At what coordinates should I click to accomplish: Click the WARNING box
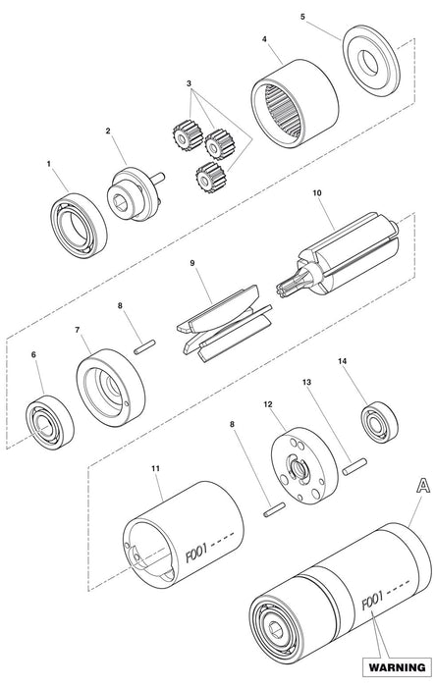[x=397, y=666]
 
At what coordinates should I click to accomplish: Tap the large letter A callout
[x=422, y=486]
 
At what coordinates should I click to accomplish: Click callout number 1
[x=49, y=164]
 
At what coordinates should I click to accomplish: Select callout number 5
[x=302, y=17]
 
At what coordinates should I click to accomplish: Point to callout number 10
[x=317, y=192]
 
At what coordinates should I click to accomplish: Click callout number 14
[x=342, y=361]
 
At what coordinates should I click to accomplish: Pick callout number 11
[x=155, y=468]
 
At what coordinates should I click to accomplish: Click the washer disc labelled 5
[x=371, y=61]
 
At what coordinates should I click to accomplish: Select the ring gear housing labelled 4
[x=295, y=103]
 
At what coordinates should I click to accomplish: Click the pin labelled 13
[x=354, y=466]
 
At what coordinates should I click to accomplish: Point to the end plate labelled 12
[x=304, y=465]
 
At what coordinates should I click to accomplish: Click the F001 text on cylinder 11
[x=195, y=555]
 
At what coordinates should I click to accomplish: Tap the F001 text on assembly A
[x=372, y=600]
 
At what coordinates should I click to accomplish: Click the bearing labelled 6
[x=49, y=422]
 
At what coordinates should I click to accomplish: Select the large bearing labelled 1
[x=79, y=226]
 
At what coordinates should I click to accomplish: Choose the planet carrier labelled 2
[x=135, y=193]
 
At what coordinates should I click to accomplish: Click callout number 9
[x=192, y=263]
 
